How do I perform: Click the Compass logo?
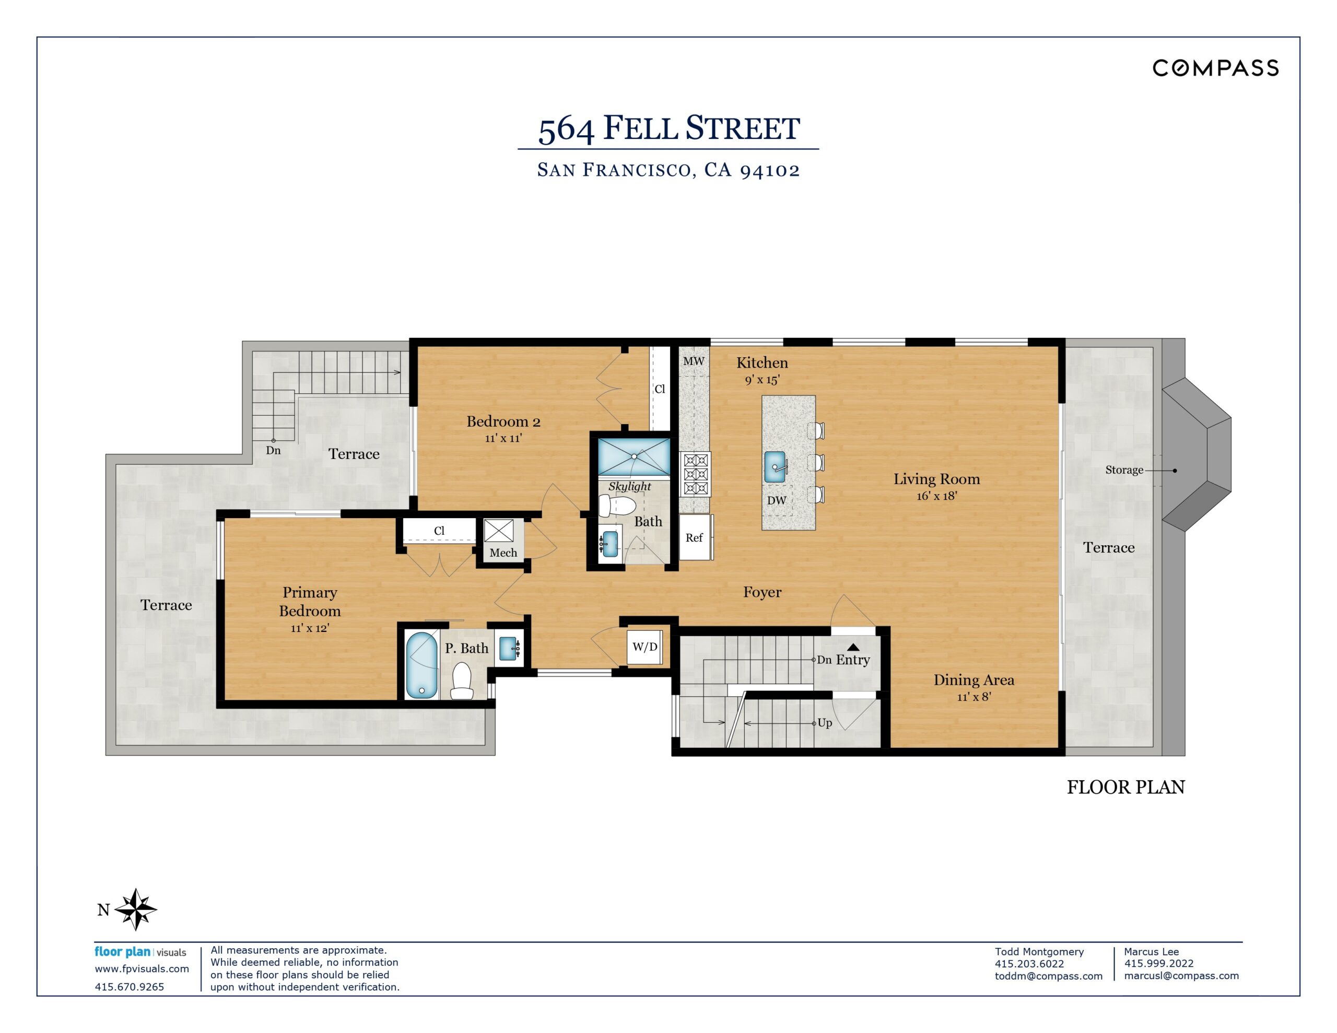[1215, 68]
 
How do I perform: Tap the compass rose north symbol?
[136, 909]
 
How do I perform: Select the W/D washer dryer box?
[644, 647]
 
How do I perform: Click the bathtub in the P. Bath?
[422, 665]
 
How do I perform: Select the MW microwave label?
[694, 361]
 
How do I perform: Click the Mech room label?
[503, 553]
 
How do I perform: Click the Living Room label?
[936, 479]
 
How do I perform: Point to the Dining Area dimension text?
[974, 696]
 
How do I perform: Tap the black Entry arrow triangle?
[853, 647]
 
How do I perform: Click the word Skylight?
[629, 486]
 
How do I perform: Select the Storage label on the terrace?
[1124, 469]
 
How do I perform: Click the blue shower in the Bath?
[634, 456]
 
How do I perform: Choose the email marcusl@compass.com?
[1181, 976]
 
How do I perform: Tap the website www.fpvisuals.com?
[142, 969]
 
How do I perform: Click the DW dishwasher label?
[777, 500]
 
